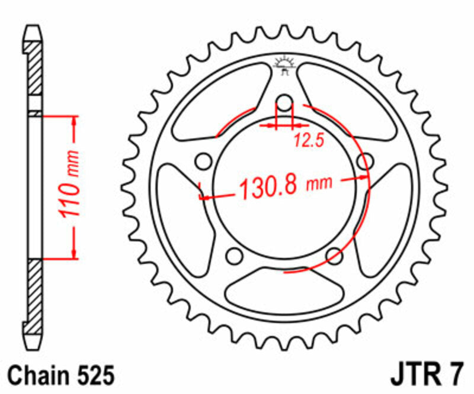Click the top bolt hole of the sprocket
285,104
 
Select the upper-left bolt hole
204,161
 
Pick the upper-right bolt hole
366,161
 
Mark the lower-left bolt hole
235,256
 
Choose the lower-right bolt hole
335,256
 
